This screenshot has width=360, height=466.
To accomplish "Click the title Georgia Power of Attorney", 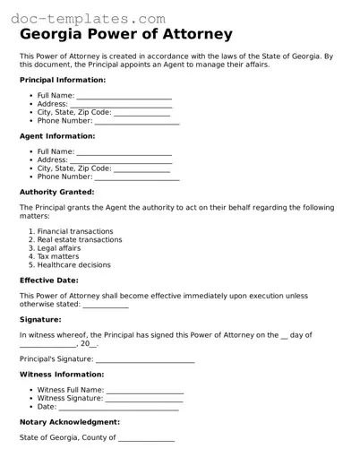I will (126, 35).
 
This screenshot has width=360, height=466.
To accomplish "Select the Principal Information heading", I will (63, 80).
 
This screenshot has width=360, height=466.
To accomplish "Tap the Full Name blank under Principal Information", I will (124, 95).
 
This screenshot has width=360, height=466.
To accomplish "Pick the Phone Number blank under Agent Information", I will (137, 177).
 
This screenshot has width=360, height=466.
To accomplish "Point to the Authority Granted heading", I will (56, 192).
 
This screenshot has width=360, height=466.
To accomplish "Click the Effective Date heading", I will (49, 280).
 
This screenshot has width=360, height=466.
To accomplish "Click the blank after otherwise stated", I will (106, 305).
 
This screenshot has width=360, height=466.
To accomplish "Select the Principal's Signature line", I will (145, 360).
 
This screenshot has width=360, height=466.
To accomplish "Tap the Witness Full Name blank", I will (144, 391).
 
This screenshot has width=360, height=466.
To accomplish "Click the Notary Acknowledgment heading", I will (69, 421).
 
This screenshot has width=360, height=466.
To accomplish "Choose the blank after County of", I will (146, 439).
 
